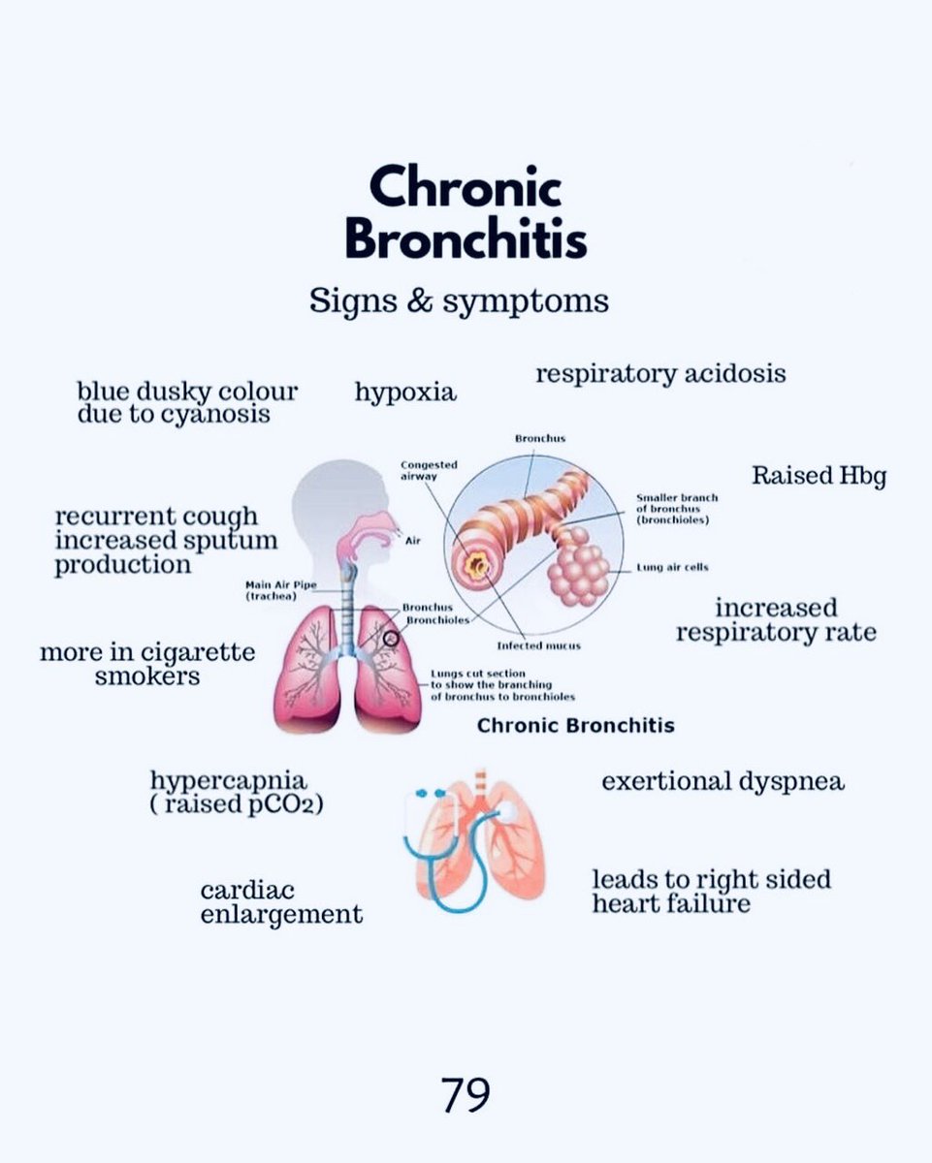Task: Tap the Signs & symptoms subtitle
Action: point(459,300)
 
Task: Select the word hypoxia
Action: point(405,393)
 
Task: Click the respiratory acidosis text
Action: point(660,373)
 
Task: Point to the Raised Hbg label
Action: point(819,476)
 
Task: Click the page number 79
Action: point(466,1095)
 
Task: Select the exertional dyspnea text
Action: point(723,781)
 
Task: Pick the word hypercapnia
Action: point(229,780)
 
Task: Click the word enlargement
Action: point(281,914)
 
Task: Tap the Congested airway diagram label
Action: point(429,470)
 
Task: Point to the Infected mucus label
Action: point(539,645)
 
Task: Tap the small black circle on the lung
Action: point(391,639)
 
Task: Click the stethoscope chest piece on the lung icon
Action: point(503,808)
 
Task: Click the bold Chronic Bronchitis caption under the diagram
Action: point(575,725)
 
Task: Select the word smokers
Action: point(147,676)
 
